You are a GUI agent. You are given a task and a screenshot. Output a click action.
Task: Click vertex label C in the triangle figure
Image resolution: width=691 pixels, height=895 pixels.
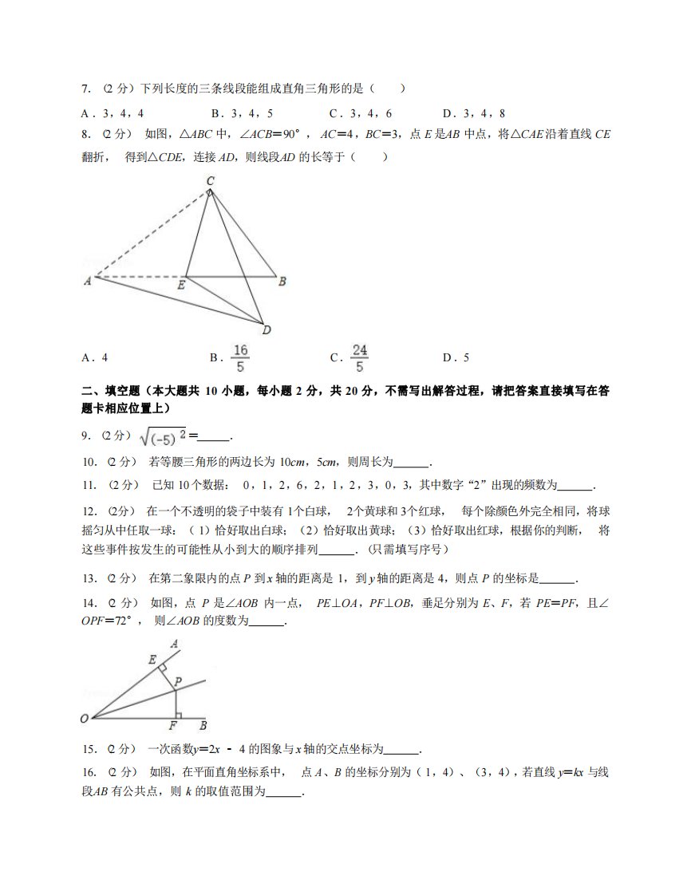(210, 182)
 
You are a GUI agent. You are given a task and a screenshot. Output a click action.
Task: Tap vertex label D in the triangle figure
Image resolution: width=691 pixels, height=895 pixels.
(267, 330)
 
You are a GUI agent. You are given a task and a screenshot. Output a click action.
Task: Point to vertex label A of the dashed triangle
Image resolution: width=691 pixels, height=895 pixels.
(86, 281)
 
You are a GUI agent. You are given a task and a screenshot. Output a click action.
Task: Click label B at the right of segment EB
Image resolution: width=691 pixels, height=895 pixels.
(282, 281)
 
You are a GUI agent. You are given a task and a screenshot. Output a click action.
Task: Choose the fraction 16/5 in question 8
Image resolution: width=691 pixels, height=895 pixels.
(240, 358)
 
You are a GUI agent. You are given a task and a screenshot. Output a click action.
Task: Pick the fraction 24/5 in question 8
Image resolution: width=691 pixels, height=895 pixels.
(360, 358)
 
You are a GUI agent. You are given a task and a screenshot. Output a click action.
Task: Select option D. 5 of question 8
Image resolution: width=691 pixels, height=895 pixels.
(456, 357)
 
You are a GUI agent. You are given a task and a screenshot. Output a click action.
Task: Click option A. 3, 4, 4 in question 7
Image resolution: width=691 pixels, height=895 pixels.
(113, 113)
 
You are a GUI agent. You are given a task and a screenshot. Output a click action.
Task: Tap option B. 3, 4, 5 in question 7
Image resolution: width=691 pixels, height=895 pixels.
(242, 113)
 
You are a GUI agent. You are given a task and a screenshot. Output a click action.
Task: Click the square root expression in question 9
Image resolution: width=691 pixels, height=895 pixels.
(163, 436)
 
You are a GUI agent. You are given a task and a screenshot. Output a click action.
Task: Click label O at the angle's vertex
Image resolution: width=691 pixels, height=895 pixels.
(85, 719)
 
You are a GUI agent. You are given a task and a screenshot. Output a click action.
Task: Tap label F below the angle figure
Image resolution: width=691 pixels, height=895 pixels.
(172, 726)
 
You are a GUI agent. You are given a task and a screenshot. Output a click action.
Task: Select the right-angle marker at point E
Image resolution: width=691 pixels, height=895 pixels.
(162, 664)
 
